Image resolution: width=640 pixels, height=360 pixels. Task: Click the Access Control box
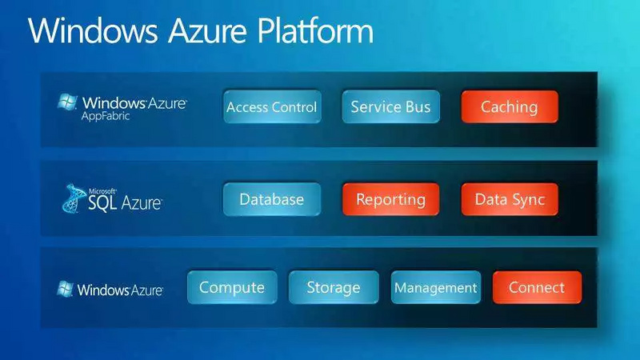pyautogui.click(x=272, y=107)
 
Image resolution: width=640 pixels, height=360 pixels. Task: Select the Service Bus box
pyautogui.click(x=390, y=107)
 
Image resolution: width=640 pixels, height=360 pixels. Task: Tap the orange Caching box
pyautogui.click(x=510, y=107)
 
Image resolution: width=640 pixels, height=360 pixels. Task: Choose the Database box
pyautogui.click(x=272, y=199)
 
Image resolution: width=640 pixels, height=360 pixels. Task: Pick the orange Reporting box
pyautogui.click(x=390, y=199)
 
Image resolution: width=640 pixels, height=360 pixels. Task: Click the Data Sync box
pyautogui.click(x=510, y=199)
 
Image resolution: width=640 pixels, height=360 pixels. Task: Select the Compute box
pyautogui.click(x=232, y=288)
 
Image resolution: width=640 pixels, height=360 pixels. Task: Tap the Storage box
pyautogui.click(x=334, y=288)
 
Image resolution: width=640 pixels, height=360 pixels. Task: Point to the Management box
pyautogui.click(x=435, y=288)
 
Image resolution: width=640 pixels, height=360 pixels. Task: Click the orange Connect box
pyautogui.click(x=537, y=288)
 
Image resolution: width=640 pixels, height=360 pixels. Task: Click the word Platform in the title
pyautogui.click(x=316, y=32)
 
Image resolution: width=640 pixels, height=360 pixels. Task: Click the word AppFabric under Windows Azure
pyautogui.click(x=106, y=116)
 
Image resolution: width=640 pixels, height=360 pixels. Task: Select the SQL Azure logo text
pyautogui.click(x=125, y=203)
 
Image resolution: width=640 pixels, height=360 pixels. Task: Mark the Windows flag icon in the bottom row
pyautogui.click(x=66, y=289)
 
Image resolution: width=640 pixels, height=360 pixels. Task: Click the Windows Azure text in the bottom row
pyautogui.click(x=120, y=289)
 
